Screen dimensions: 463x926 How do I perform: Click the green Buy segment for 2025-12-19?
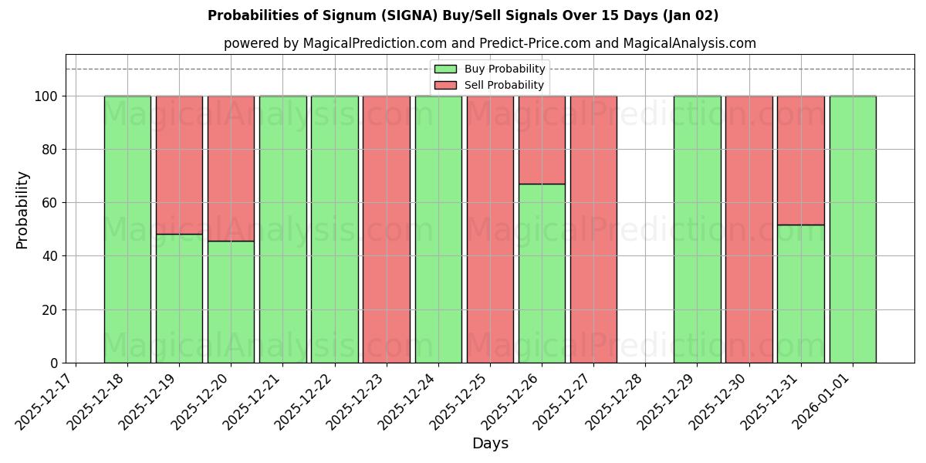tap(179, 298)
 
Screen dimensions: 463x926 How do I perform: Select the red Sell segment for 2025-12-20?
tap(231, 168)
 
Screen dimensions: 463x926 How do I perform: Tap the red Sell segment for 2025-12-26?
tap(542, 140)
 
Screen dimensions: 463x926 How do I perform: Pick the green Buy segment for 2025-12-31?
tap(800, 293)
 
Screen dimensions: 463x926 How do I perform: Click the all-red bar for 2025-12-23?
tap(386, 229)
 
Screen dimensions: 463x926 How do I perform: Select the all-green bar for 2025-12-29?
tap(697, 229)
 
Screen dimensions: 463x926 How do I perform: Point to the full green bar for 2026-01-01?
tap(853, 229)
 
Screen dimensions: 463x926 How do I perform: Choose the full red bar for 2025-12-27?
tap(593, 229)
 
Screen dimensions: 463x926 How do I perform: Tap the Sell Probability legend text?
tap(504, 85)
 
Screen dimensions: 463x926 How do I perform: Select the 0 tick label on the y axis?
tap(54, 363)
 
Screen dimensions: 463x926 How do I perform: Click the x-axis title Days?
tap(490, 444)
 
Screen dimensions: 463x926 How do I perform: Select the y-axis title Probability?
tap(22, 210)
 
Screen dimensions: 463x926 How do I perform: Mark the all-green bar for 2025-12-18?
tap(127, 229)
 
